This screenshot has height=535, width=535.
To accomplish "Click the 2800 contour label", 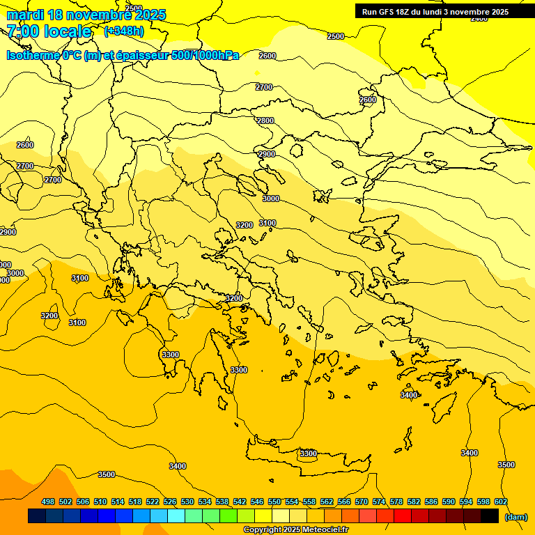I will (x=265, y=121).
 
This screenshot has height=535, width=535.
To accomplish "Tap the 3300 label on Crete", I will (x=308, y=453).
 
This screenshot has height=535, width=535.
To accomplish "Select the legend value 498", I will (x=48, y=502).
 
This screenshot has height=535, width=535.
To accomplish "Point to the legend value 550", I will (x=274, y=502).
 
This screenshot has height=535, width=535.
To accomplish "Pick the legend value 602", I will (x=500, y=502).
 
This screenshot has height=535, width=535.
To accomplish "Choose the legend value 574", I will (x=379, y=502).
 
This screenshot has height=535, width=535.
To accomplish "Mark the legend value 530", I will (x=187, y=502).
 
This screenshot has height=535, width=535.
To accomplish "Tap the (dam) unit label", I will (x=516, y=517).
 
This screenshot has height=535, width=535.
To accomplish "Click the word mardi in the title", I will (x=26, y=15).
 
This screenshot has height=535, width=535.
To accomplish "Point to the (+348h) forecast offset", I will (x=124, y=31).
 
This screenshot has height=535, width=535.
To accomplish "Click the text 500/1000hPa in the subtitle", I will (x=204, y=55).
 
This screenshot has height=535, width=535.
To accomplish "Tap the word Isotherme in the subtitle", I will (x=33, y=55).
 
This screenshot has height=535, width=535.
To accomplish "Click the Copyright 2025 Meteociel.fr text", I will (x=295, y=530).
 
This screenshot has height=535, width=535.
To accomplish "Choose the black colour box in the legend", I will (x=490, y=516).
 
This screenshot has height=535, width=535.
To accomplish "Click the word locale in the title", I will (x=68, y=31).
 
